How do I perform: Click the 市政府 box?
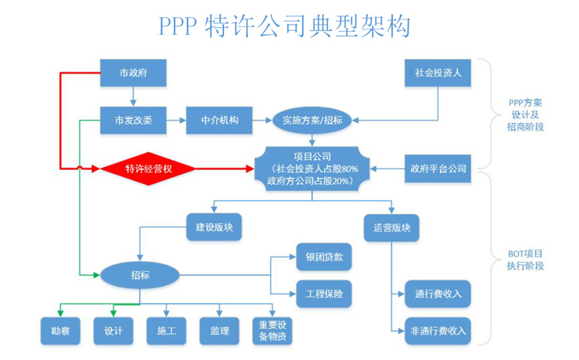[x=134, y=74]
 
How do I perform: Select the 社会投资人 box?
[x=438, y=74]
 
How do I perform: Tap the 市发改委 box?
[x=134, y=120]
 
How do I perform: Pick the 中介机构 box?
[x=219, y=120]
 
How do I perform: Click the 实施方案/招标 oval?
[x=312, y=120]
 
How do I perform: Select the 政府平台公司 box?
[x=437, y=168]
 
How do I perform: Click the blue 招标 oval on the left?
[x=140, y=274]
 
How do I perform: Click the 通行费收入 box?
[x=438, y=294]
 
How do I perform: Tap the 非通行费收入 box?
[x=438, y=331]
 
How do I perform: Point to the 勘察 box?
[x=61, y=331]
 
